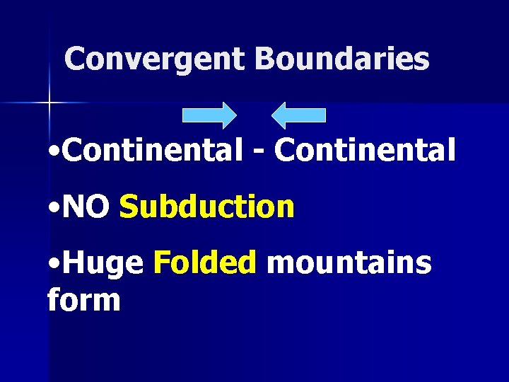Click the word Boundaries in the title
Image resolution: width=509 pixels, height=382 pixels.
tap(342, 59)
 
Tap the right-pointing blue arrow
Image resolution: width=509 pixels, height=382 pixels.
tap(209, 115)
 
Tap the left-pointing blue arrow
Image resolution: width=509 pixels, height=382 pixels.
tap(299, 115)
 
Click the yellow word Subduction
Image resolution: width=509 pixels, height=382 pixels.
tap(207, 207)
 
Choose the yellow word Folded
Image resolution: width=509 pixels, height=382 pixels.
tap(204, 263)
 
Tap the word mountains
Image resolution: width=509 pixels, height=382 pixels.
tap(349, 263)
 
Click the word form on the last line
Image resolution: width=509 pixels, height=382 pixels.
tap(83, 300)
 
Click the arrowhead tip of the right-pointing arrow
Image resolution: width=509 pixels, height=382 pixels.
tap(235, 115)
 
